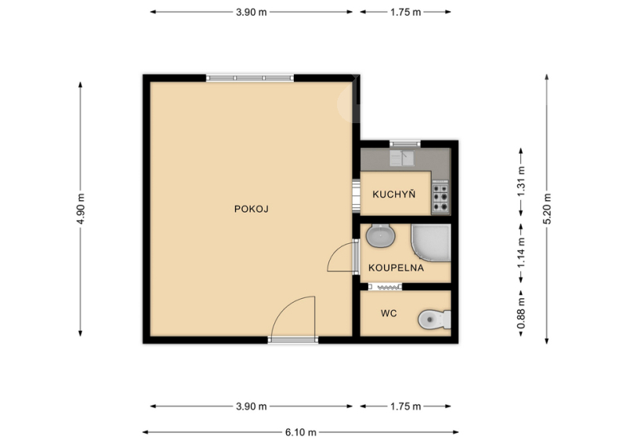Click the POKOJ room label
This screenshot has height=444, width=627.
(251, 209)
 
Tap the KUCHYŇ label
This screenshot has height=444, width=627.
(394, 195)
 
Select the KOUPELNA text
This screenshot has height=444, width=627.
(396, 267)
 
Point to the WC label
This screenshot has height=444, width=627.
(389, 313)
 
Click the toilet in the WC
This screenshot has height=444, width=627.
(434, 319)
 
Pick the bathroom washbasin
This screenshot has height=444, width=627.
(381, 235)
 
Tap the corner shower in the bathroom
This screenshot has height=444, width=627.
(431, 242)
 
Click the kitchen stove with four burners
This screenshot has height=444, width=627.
(440, 198)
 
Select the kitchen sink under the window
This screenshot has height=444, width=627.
(402, 158)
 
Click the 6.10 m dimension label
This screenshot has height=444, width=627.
(301, 432)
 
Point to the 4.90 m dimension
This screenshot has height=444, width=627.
(82, 209)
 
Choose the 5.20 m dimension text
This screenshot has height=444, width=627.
(547, 209)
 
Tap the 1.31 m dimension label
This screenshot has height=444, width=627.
(521, 182)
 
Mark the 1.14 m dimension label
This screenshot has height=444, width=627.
(521, 253)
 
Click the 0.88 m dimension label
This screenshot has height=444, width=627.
(521, 314)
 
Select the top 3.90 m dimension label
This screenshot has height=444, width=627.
(251, 12)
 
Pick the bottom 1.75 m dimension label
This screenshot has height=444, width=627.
(405, 406)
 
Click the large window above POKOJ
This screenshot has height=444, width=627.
(250, 78)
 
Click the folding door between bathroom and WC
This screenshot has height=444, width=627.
(385, 286)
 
